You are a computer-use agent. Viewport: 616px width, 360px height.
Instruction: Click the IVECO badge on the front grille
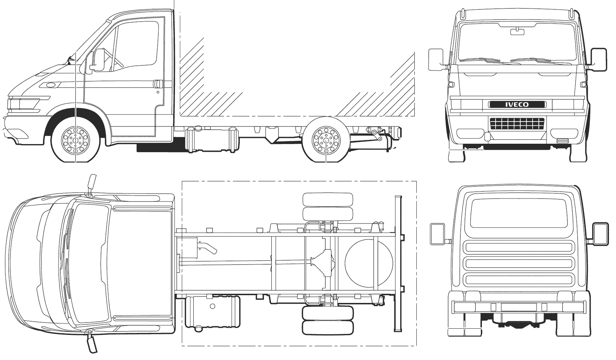(517, 104)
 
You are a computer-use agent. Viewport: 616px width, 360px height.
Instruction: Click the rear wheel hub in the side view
(326, 140)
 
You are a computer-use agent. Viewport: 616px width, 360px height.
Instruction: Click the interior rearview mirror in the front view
(517, 32)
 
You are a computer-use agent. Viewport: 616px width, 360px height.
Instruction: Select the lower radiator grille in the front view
(517, 124)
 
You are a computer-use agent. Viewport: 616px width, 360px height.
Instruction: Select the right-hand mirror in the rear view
(601, 234)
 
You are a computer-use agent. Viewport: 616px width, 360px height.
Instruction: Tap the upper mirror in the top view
(93, 183)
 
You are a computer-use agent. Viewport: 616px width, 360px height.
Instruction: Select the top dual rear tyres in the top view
(328, 206)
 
